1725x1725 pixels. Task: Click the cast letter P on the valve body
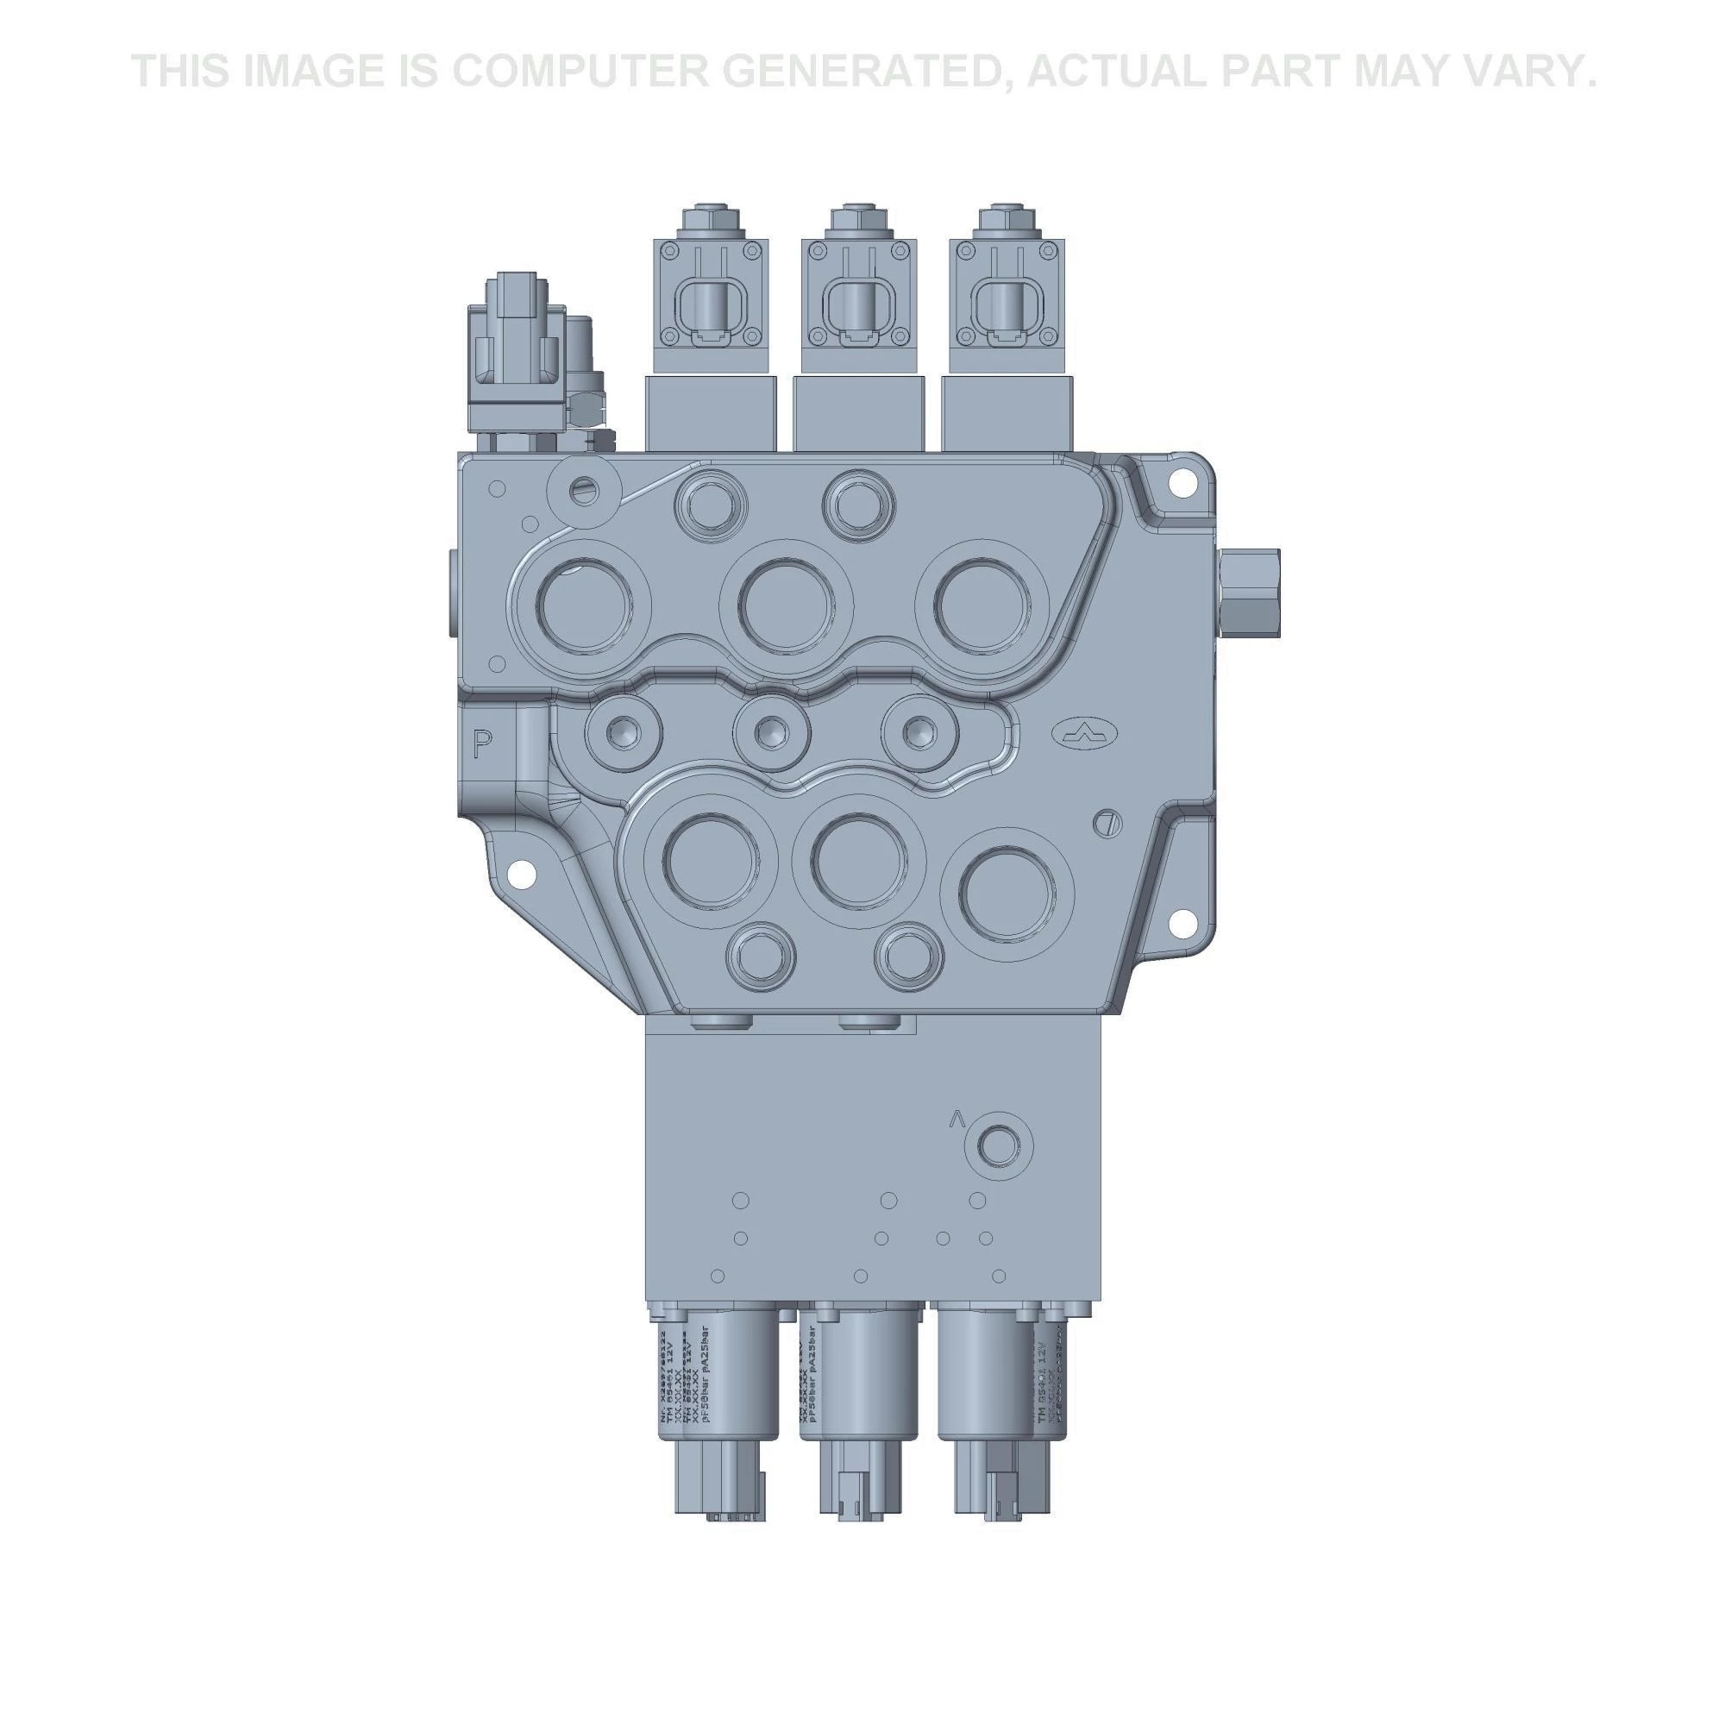482,743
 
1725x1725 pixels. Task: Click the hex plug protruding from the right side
1250,593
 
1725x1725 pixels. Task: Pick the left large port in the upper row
585,605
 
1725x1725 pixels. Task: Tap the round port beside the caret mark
997,1144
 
